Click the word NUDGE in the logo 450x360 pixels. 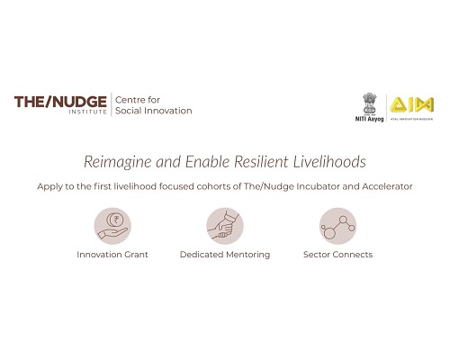coord(79,102)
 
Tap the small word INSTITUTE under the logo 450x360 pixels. coord(88,112)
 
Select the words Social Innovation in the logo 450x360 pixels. coord(154,111)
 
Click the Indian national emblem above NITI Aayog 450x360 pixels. coord(369,104)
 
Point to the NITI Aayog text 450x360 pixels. coord(369,119)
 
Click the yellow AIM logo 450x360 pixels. coord(411,104)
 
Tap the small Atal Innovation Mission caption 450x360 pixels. coord(411,119)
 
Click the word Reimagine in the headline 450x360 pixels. coord(118,162)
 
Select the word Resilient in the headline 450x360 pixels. coord(261,161)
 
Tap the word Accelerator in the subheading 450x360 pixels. coord(387,186)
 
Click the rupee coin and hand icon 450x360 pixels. coord(112,226)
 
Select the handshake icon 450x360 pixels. coord(225,226)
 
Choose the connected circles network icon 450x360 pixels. coord(337,226)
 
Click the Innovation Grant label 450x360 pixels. coord(112,255)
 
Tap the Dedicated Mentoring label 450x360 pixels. coord(225,255)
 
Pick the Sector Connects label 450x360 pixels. coord(337,255)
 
